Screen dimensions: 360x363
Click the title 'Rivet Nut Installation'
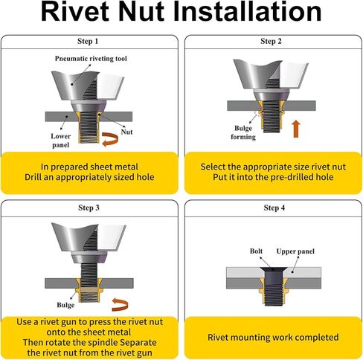(x=181, y=13)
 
